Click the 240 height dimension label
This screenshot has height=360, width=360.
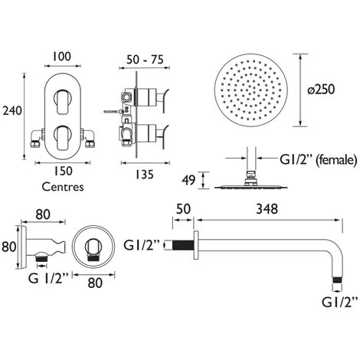click(x=12, y=111)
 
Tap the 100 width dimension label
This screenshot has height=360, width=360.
click(x=61, y=57)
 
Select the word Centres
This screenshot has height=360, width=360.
click(x=63, y=187)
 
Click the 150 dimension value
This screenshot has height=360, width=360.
click(x=63, y=171)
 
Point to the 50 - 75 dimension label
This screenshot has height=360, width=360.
click(x=145, y=60)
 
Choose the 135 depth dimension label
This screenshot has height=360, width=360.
click(x=145, y=175)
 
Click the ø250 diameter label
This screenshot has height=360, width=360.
click(x=321, y=90)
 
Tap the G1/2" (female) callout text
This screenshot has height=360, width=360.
click(x=318, y=160)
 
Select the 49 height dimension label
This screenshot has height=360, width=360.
click(x=188, y=180)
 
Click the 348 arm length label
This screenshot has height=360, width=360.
click(x=267, y=209)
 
